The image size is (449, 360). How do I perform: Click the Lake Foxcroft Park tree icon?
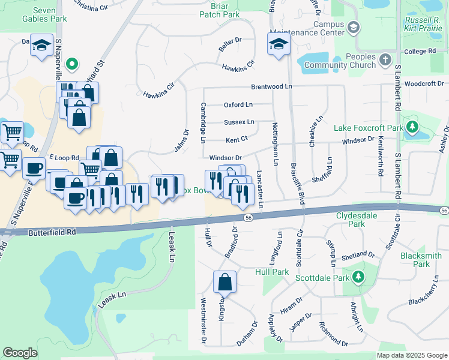(412, 127)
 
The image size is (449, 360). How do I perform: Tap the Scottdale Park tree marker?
(358, 277)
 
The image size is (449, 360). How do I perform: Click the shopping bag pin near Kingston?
(224, 282)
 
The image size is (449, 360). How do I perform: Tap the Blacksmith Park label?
(421, 259)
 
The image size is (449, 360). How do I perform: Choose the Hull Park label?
(272, 272)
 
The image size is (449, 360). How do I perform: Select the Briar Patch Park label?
(224, 10)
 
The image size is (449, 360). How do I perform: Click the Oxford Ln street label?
(238, 104)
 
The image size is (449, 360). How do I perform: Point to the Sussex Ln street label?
(239, 122)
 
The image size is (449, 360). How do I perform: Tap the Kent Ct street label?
(237, 140)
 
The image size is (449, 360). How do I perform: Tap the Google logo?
(20, 353)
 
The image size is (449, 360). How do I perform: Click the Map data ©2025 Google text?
(411, 355)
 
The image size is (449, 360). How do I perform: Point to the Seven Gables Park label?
(52, 14)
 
